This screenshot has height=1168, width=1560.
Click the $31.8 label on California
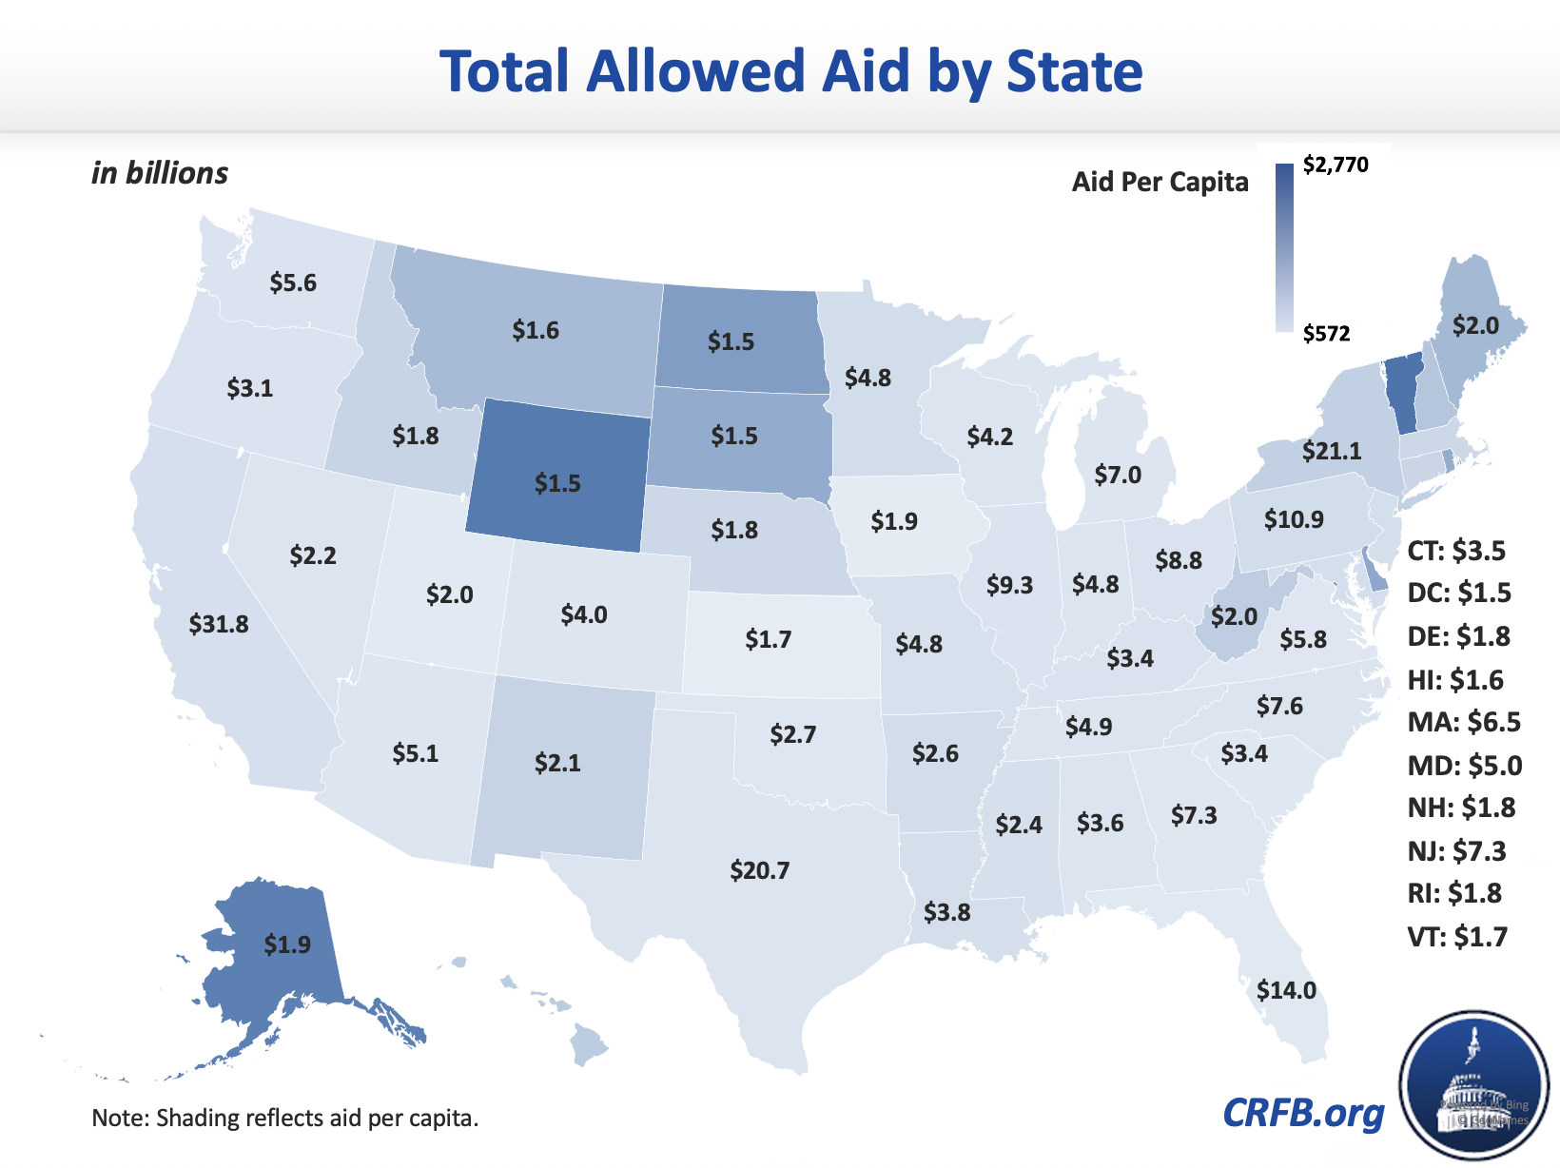pos(219,624)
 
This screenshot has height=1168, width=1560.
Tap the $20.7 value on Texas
pos(760,870)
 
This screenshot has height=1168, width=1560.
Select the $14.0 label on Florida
pos(1286,990)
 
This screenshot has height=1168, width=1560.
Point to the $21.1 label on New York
pos(1332,450)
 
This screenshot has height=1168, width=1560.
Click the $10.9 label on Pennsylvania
pos(1294,519)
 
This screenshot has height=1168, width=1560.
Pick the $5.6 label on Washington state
pos(293,282)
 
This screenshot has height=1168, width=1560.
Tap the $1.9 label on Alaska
pos(287,944)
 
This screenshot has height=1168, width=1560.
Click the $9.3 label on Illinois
pos(1009,585)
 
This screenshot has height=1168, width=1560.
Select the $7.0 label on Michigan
pos(1118,475)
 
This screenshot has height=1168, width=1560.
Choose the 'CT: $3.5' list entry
pos(1456,551)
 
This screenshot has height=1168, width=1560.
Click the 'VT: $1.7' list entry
pos(1457,937)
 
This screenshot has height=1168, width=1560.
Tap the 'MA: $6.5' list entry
pos(1464,722)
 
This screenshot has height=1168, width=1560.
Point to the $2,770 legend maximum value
pos(1336,165)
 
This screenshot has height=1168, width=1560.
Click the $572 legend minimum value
pos(1326,333)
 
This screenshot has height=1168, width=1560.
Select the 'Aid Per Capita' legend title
pos(1160,182)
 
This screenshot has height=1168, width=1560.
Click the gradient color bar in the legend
pos(1284,247)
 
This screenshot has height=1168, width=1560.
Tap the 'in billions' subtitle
pos(160,173)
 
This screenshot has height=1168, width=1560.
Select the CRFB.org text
pos(1303,1113)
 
